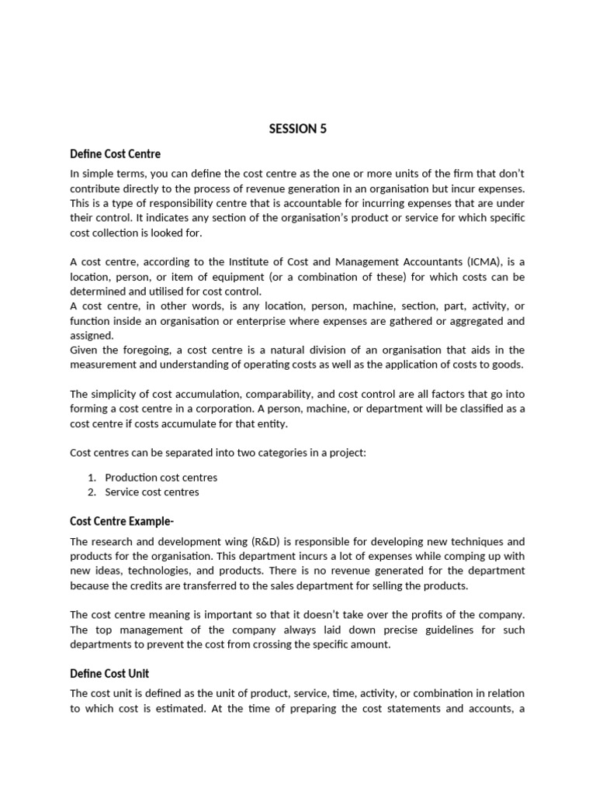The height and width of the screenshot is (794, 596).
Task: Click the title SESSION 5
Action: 297,129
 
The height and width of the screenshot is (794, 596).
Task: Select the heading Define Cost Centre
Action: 115,154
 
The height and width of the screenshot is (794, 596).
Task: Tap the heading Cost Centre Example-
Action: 127,520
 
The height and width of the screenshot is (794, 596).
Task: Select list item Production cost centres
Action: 161,478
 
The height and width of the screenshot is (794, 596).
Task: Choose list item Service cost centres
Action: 152,492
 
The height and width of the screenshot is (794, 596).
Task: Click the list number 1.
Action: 91,478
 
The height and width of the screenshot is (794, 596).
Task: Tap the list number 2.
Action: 91,492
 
